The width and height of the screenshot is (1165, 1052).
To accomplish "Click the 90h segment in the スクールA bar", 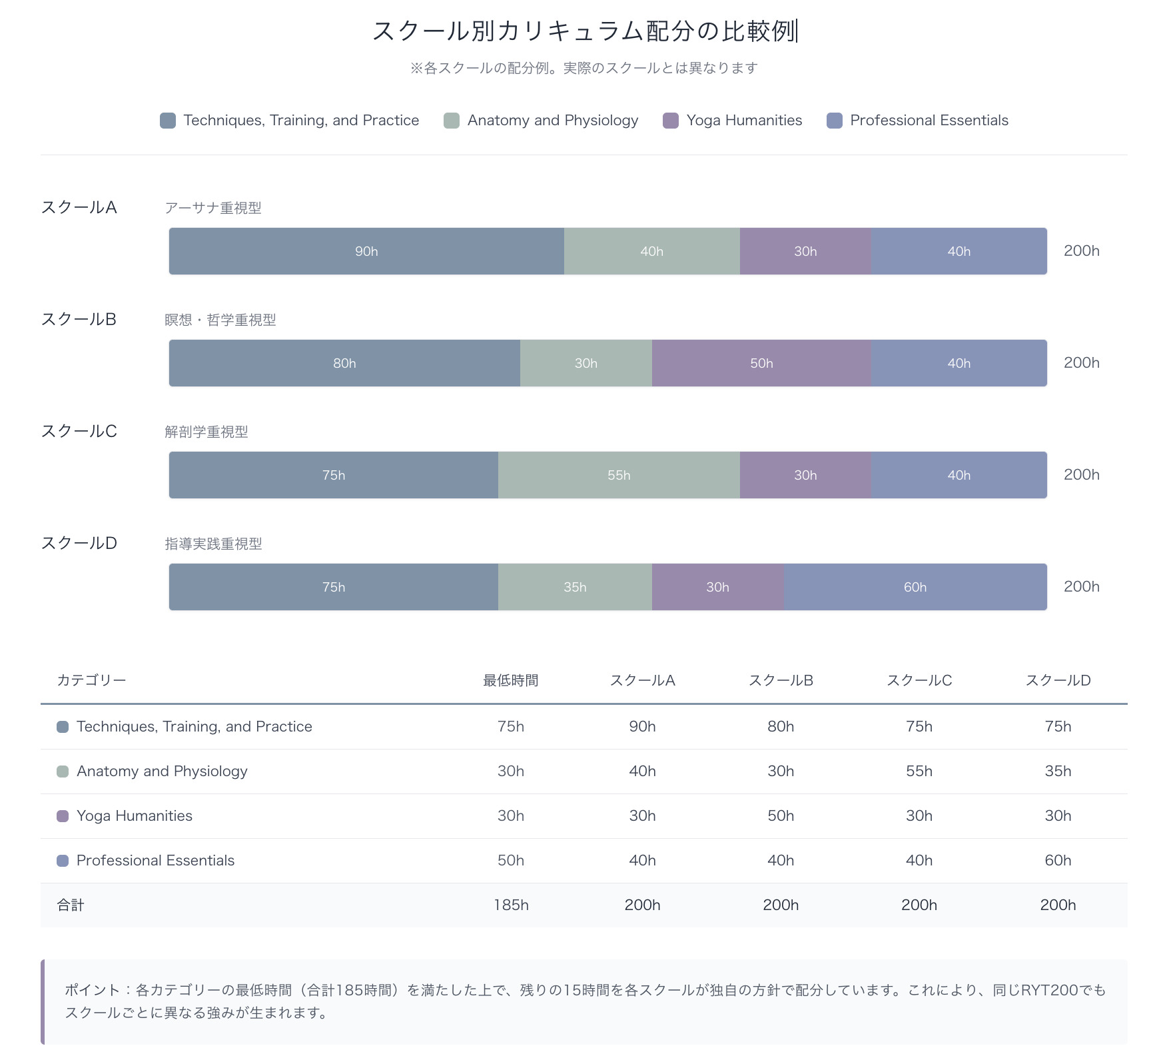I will click(366, 251).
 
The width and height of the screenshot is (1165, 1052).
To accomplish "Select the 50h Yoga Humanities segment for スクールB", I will click(761, 363).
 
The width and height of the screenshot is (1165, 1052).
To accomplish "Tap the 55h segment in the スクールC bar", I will click(619, 475).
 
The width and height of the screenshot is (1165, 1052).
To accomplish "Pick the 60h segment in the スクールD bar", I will click(915, 587).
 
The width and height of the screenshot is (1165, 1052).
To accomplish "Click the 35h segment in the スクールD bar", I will click(575, 587).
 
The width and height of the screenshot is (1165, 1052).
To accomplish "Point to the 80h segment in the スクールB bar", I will click(344, 363).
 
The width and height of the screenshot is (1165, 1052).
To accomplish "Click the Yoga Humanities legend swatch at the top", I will click(671, 121).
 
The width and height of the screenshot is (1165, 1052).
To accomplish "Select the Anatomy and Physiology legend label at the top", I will click(552, 121).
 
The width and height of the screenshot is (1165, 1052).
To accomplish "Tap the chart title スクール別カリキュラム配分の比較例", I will click(584, 31).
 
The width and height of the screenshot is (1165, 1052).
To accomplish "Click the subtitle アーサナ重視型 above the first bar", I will click(213, 209).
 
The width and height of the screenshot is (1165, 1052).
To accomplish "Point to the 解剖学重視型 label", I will click(206, 432).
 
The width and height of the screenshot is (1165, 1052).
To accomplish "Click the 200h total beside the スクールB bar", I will click(1081, 363).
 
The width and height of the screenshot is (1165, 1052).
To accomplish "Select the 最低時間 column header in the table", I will click(510, 680).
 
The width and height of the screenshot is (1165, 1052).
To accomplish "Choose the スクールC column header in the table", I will click(919, 680).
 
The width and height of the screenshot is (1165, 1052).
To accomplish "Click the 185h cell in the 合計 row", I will click(511, 905).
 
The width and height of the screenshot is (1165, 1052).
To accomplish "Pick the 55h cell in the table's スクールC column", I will click(919, 771).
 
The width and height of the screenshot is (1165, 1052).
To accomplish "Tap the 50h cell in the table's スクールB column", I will click(781, 815).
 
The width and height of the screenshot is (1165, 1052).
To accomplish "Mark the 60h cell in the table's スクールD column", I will click(1058, 860).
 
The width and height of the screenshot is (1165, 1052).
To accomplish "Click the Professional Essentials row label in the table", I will click(155, 860).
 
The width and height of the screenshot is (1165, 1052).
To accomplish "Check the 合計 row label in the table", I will click(71, 905).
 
